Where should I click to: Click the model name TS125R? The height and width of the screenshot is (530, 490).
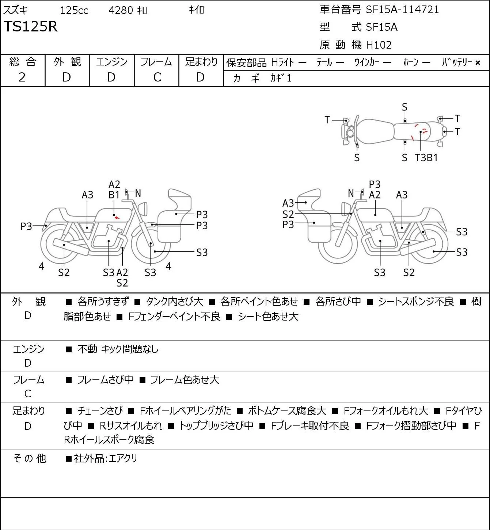click(x=30, y=26)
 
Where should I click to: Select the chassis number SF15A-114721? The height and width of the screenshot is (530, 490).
click(x=402, y=10)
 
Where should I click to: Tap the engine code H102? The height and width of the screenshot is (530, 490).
click(x=379, y=45)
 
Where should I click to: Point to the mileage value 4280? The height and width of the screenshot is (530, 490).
click(x=121, y=10)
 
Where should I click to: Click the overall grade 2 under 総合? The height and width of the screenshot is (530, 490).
click(x=22, y=77)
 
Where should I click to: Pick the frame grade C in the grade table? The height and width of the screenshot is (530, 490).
click(x=157, y=77)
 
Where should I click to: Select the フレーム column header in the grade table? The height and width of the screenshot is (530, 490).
click(x=156, y=62)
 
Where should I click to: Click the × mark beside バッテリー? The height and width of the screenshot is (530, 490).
click(x=478, y=63)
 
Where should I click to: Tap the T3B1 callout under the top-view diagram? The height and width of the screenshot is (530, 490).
click(x=426, y=158)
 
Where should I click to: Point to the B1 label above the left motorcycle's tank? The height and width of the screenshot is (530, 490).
click(x=114, y=195)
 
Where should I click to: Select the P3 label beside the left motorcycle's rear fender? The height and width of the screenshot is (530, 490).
click(x=26, y=226)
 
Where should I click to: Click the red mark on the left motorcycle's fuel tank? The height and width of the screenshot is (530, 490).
click(x=117, y=218)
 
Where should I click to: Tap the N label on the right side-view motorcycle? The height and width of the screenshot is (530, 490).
click(x=351, y=193)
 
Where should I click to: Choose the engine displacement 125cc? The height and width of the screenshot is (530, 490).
click(x=74, y=10)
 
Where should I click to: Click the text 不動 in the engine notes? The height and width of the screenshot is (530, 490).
click(x=87, y=349)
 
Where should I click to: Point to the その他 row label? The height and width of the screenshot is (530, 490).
click(x=29, y=458)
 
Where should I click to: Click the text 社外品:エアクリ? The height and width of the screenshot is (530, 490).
click(x=106, y=458)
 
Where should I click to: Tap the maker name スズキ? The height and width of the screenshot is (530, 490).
click(x=15, y=10)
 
